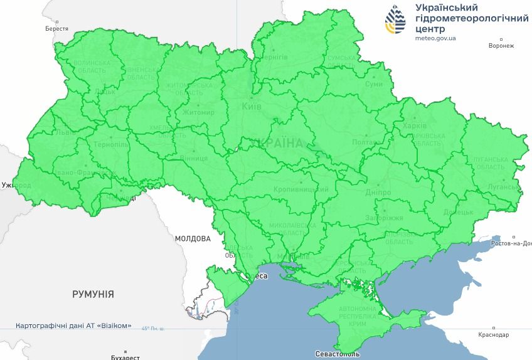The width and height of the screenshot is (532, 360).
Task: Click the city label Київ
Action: [252, 107]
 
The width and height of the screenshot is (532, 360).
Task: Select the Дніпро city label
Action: [378, 192]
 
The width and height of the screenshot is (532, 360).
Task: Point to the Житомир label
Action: [198, 113]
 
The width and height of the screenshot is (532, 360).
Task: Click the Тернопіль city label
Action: [110, 144]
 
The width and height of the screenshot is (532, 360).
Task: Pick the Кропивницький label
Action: [301, 189]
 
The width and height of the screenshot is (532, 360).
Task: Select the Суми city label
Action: [374, 84]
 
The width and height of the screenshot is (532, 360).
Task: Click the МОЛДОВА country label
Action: [193, 238]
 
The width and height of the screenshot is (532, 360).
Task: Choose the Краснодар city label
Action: [493, 335]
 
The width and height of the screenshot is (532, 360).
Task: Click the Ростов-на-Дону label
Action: [511, 243]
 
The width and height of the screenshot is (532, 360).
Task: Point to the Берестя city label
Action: [57, 29]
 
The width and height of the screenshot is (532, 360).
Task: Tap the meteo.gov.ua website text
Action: [435, 38]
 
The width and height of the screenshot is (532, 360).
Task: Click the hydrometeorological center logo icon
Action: [395, 21]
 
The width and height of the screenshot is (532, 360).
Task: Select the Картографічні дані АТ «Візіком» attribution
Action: [73, 326]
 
